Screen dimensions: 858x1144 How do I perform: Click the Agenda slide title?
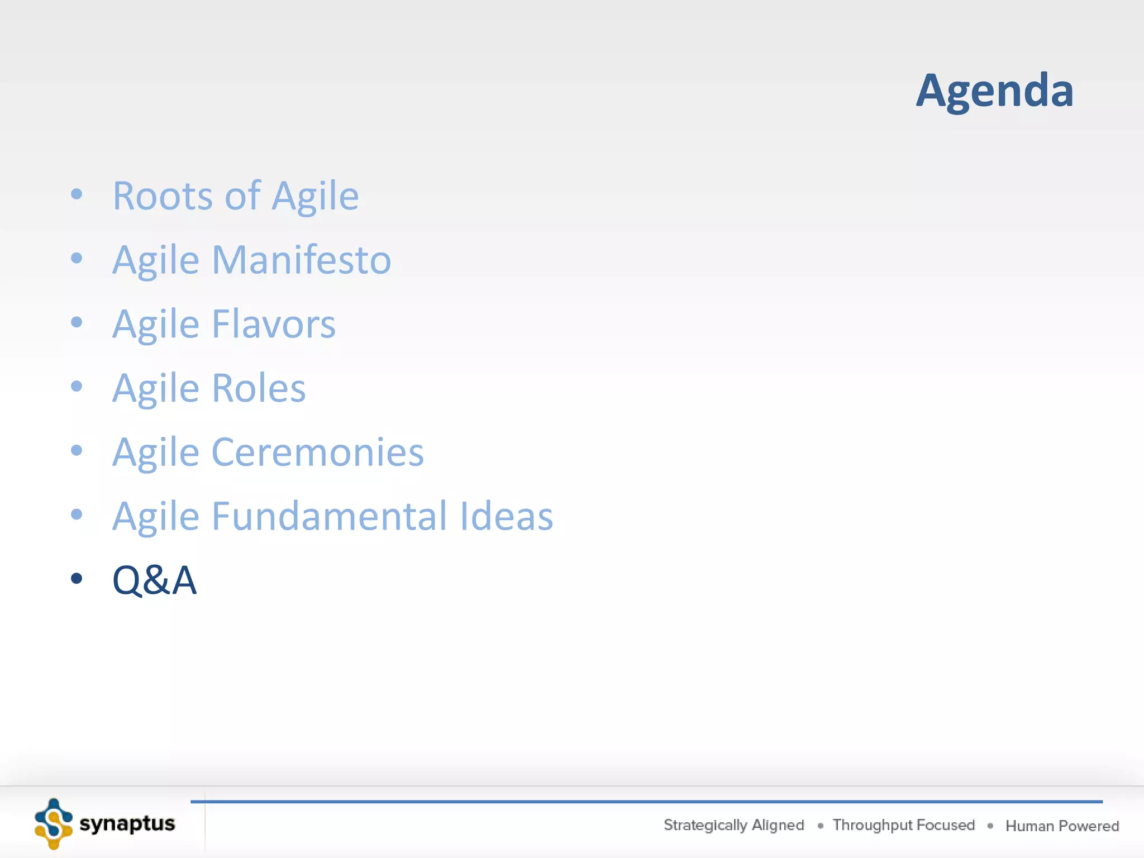994,90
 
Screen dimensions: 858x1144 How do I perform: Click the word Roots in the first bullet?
163,196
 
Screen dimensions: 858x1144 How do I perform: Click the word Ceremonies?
317,452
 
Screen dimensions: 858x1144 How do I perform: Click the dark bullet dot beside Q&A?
77,578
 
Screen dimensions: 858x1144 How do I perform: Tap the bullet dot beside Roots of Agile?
77,194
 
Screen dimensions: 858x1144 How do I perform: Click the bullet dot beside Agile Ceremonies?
77,450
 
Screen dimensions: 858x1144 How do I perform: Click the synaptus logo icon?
54,823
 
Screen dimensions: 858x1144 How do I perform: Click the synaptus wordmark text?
127,823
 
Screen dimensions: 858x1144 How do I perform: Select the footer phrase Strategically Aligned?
733,825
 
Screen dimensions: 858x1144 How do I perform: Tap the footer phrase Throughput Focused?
903,825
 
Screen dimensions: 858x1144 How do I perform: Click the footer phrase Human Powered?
1062,826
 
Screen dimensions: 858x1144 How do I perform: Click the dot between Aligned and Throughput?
820,826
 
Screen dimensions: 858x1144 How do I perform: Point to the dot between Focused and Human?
990,826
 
